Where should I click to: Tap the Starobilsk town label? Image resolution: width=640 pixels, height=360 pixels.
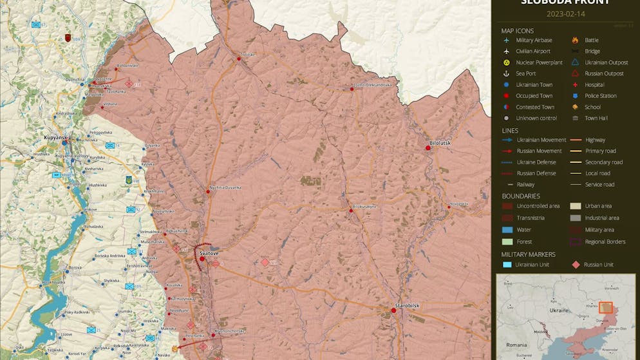(407, 305)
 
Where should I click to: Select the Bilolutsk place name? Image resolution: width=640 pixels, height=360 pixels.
(441, 142)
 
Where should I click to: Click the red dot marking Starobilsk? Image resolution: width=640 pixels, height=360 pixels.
(393, 310)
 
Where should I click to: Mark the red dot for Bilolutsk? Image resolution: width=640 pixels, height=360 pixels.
(428, 148)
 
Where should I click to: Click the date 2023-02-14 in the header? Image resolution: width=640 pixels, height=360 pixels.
(565, 14)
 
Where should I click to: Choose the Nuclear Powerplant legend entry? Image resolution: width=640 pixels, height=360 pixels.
(539, 62)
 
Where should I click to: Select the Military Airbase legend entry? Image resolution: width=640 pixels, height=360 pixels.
(534, 40)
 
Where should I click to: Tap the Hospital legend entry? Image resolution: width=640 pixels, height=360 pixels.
(594, 84)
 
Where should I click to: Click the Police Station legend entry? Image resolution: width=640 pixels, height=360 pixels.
(600, 96)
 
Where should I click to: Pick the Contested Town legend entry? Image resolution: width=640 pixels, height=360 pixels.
(534, 107)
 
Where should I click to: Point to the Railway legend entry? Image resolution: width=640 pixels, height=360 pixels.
(525, 184)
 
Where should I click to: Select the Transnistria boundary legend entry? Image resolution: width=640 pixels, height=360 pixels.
(530, 218)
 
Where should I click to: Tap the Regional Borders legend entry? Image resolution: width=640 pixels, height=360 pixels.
(605, 242)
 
